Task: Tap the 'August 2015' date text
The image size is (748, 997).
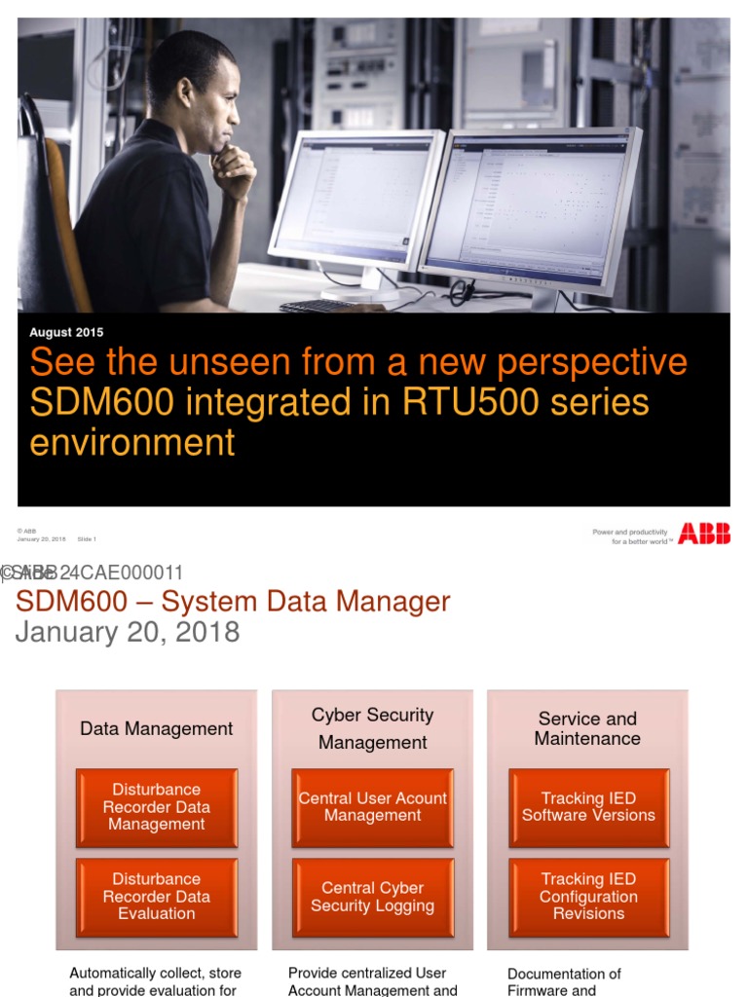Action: (x=66, y=333)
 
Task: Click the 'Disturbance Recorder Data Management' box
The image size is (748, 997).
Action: (x=157, y=806)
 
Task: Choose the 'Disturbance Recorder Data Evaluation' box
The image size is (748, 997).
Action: (x=157, y=896)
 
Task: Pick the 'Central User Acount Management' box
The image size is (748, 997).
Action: (x=373, y=806)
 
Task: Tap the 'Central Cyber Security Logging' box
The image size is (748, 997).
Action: (x=373, y=896)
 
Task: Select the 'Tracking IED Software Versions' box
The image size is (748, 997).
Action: (x=588, y=806)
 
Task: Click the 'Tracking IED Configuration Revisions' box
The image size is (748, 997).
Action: (x=588, y=896)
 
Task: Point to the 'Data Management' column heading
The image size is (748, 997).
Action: (x=157, y=728)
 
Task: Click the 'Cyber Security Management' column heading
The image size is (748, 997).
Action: (x=373, y=728)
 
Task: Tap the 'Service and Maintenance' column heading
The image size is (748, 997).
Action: (x=588, y=728)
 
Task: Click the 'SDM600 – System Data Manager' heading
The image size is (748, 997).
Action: (x=233, y=602)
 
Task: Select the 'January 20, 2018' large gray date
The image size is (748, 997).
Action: (x=128, y=632)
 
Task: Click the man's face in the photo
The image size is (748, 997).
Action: (x=218, y=102)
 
